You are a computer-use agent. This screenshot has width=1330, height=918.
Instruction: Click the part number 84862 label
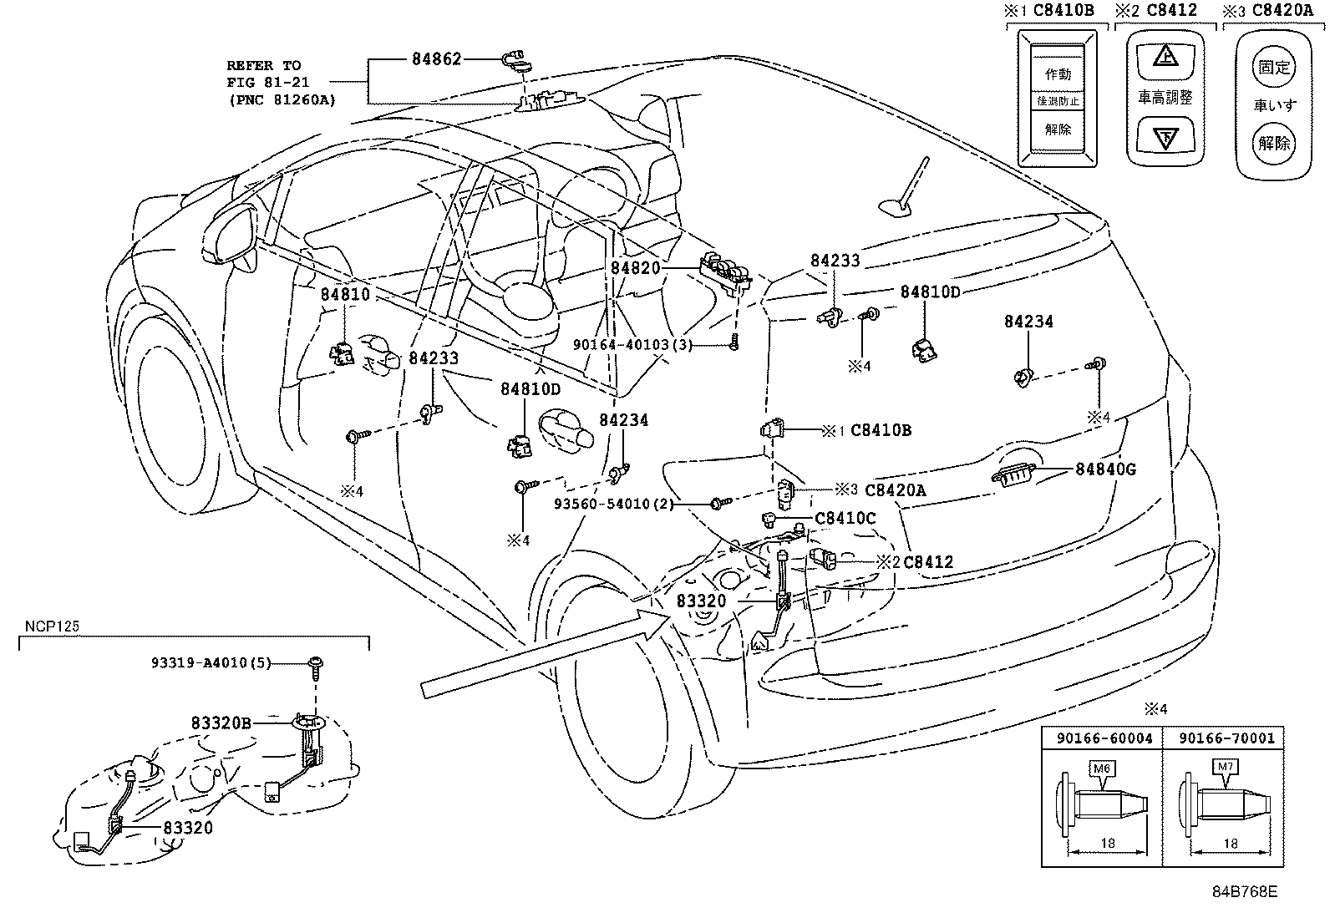436,59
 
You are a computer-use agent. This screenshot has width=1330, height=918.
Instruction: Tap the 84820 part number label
635,268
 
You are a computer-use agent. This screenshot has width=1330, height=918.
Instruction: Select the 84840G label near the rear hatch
1105,469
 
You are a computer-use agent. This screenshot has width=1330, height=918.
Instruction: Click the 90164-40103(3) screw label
632,344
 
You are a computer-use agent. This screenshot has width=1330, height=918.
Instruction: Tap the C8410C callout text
845,519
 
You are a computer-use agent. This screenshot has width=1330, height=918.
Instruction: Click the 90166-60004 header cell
1104,738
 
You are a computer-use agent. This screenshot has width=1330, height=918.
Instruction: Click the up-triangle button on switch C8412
1165,58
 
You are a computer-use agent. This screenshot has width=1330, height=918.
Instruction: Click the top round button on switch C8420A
1274,67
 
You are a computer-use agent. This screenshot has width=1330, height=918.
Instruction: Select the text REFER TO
264,65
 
